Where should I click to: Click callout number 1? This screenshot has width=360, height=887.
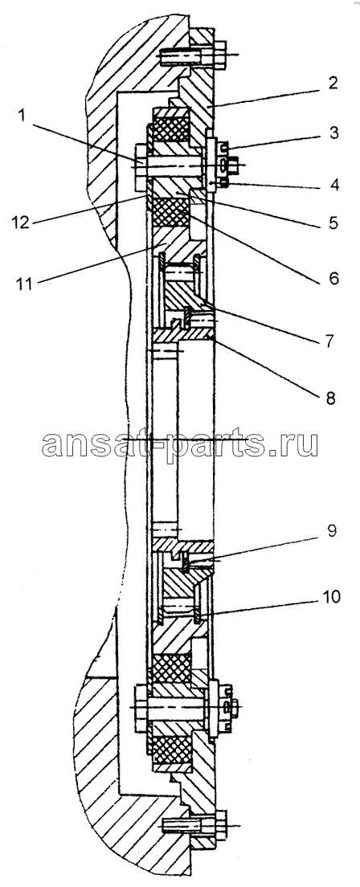(x=22, y=117)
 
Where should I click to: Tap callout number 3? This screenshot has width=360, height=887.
(x=333, y=133)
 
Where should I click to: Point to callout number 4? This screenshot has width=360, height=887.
(x=333, y=185)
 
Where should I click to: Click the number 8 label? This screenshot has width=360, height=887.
(x=330, y=398)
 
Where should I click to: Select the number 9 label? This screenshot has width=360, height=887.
(x=332, y=530)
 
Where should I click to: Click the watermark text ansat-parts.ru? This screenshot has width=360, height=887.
(x=180, y=444)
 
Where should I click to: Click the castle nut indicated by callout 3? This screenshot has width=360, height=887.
(x=224, y=165)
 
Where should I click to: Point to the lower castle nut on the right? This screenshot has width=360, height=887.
(x=225, y=706)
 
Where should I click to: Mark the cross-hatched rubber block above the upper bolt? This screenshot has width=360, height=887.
(x=170, y=129)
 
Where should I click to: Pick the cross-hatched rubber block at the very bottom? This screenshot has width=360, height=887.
(x=170, y=750)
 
